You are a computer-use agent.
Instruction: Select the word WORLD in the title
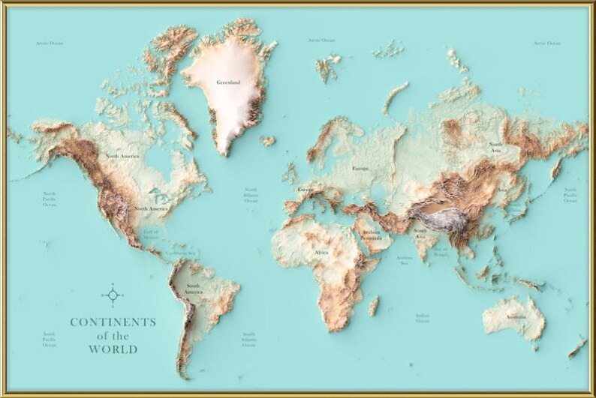pyautogui.click(x=113, y=349)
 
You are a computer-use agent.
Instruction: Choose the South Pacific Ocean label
pyautogui.click(x=49, y=340)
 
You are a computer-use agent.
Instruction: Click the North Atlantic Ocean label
pyautogui.click(x=250, y=196)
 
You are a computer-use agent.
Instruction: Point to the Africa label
pyautogui.click(x=322, y=253)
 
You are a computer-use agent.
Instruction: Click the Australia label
pyautogui.click(x=515, y=316)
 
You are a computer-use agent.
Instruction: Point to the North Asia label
pyautogui.click(x=496, y=147)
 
